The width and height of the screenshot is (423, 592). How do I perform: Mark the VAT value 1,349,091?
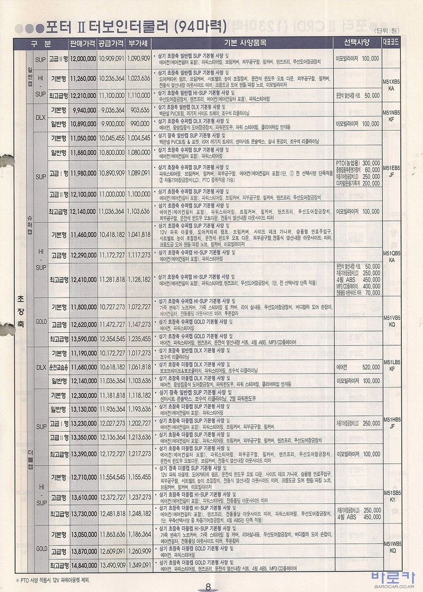pos(139,565)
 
